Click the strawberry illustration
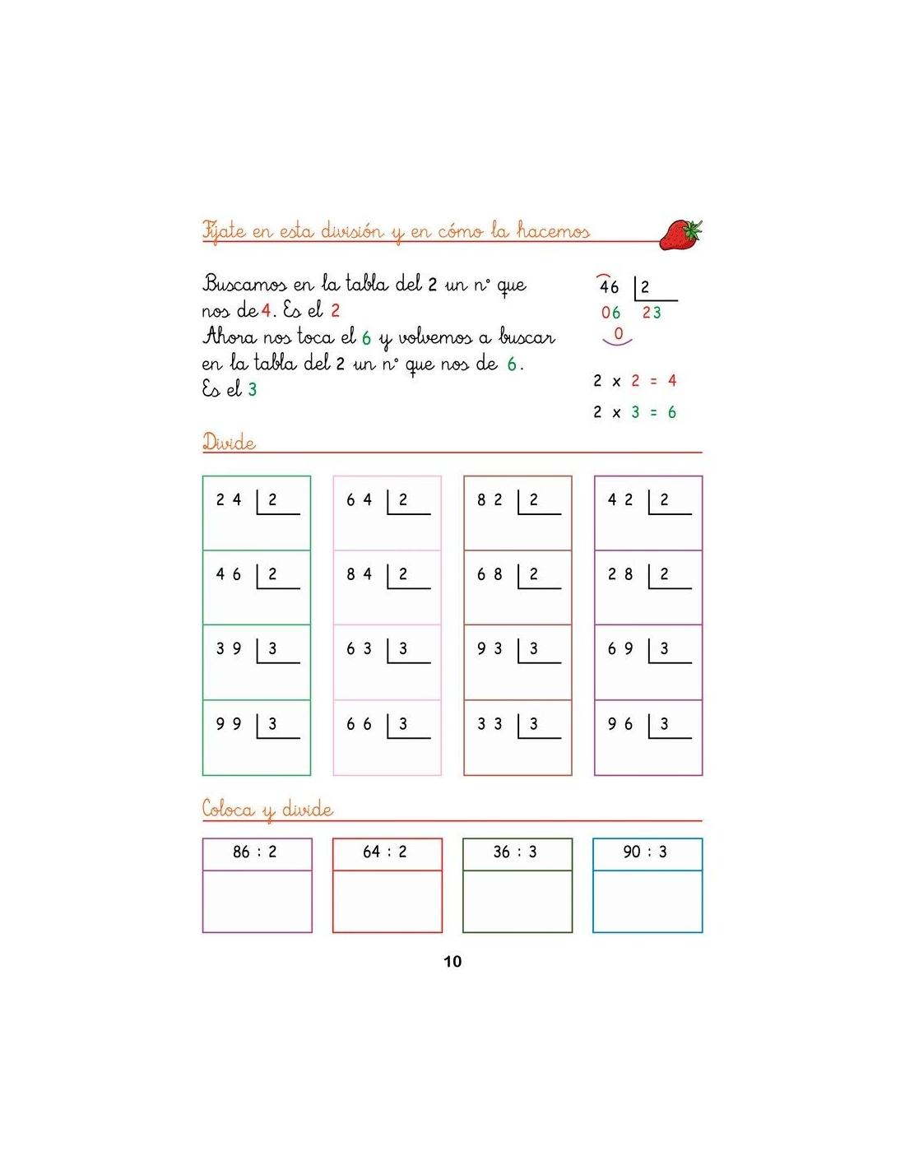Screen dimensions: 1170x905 coord(681,234)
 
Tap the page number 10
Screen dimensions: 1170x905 coord(452,961)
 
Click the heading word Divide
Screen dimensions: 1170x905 coord(229,443)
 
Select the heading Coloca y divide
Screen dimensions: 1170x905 coord(267,810)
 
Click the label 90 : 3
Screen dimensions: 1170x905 coord(646,852)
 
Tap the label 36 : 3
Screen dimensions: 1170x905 coord(516,852)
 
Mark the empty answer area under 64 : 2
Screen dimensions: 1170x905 coord(387,901)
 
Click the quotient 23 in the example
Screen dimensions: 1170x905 coord(652,313)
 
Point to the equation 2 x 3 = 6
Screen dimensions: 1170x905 coord(634,412)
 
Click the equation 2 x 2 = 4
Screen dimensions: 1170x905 coord(634,381)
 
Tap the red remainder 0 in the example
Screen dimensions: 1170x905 coord(619,334)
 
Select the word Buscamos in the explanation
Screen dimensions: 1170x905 coord(244,285)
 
